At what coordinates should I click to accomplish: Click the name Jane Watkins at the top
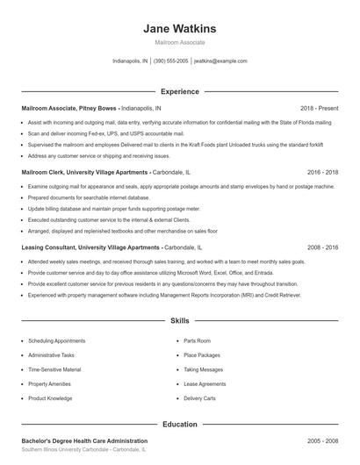tap(179, 28)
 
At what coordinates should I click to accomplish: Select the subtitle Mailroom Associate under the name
tap(179, 42)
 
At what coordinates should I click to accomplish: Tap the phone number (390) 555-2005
tap(170, 61)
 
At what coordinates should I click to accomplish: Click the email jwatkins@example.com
tap(220, 61)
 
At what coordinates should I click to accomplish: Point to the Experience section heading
tap(179, 91)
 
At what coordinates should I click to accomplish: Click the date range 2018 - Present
tap(319, 108)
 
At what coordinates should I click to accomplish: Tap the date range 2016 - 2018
tap(322, 172)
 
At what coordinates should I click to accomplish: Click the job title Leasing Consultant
tap(51, 247)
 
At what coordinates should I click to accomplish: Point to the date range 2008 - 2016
tap(322, 247)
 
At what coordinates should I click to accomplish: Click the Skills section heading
tap(179, 322)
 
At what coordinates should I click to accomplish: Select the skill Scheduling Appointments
tap(57, 340)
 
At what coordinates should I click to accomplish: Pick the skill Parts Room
tap(198, 340)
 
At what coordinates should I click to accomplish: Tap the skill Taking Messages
tap(204, 369)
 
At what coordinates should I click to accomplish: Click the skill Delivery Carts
tap(200, 398)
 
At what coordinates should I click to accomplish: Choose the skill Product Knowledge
tap(50, 398)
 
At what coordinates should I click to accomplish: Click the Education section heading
tap(179, 424)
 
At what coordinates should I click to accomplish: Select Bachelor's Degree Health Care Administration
tap(84, 440)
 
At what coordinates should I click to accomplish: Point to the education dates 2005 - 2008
tap(322, 440)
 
